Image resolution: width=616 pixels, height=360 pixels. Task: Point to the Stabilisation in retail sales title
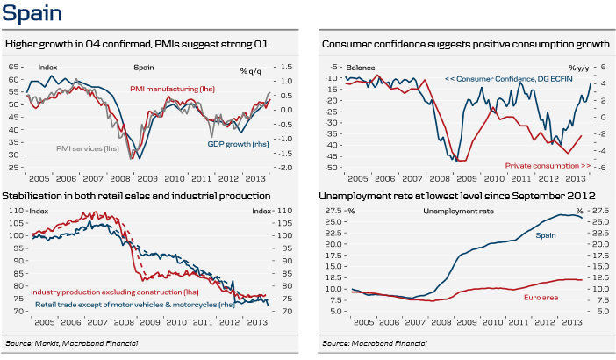138,195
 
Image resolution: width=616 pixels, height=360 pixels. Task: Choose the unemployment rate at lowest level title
459,195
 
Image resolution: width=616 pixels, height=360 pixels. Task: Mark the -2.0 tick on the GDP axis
285,167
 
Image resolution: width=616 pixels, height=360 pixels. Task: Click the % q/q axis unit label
254,68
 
